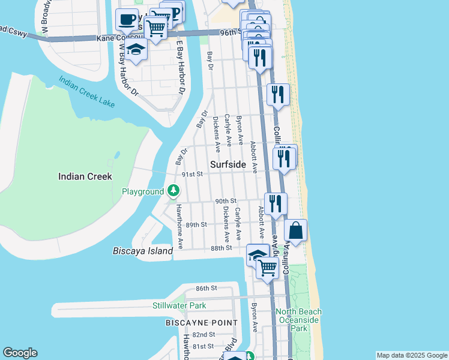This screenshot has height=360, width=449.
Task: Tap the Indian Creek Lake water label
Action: click(86, 92)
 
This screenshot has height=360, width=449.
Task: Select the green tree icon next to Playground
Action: click(173, 191)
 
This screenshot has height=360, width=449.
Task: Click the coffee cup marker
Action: click(127, 20)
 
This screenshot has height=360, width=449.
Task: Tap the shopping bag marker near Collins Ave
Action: click(296, 230)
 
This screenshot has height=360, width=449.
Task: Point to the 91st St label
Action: click(193, 174)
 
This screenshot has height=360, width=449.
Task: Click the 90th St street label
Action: click(226, 201)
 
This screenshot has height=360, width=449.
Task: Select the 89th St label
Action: click(196, 224)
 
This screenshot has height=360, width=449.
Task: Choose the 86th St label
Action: click(206, 289)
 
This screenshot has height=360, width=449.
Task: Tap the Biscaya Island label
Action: click(143, 251)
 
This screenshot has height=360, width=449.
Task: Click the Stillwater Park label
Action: click(179, 305)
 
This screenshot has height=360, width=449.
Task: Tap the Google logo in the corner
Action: click(20, 353)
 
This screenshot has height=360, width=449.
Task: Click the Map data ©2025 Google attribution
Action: click(412, 355)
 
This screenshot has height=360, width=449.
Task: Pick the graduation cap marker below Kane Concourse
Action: click(137, 50)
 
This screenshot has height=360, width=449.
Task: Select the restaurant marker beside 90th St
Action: click(276, 204)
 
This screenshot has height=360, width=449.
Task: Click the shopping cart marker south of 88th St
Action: click(268, 268)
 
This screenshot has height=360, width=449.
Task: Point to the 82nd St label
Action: click(204, 334)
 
